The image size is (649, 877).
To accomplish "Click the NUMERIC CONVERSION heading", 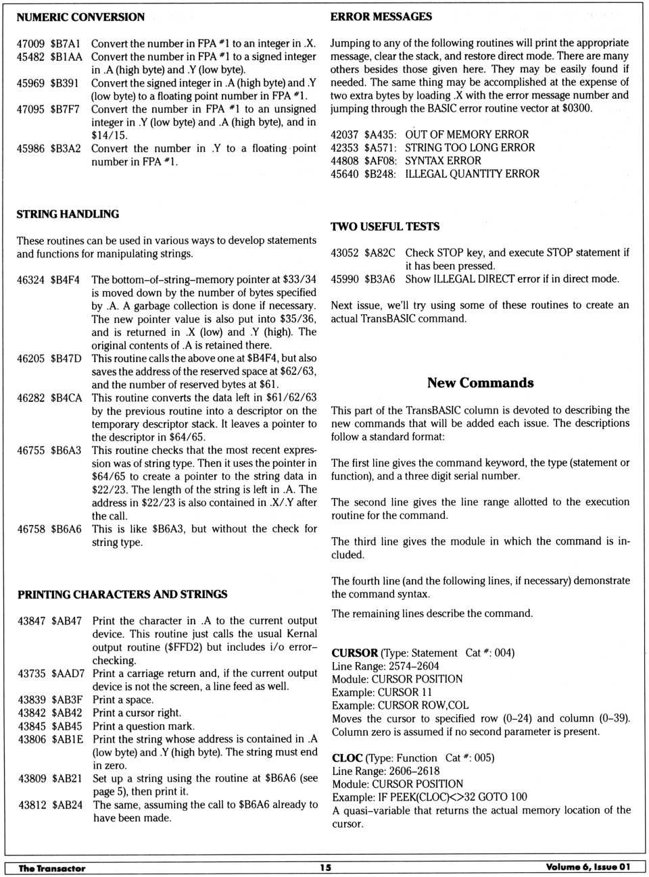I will (x=80, y=17).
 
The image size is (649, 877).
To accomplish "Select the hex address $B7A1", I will (x=65, y=43).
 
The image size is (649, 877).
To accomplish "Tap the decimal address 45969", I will (x=30, y=83).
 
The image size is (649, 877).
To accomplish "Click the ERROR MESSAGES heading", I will (x=381, y=16).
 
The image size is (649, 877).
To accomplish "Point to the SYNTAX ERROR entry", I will (x=443, y=161).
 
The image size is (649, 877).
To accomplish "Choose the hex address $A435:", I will (x=380, y=134).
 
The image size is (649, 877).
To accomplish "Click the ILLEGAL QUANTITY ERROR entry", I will (x=472, y=174).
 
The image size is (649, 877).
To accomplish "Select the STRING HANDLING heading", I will (x=68, y=214).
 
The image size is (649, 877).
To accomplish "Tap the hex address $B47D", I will (x=66, y=358).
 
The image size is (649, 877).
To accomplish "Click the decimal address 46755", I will (x=31, y=450).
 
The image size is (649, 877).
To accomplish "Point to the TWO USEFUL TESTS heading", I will (x=385, y=226).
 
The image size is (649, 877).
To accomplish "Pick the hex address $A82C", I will (x=379, y=253).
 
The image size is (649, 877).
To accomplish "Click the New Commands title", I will (x=480, y=382).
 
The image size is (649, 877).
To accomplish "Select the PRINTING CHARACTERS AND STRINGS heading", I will (x=122, y=595).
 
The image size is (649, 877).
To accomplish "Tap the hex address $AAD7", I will (x=68, y=674).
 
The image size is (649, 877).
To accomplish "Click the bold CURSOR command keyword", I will (x=354, y=653).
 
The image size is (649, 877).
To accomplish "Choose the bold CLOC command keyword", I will (x=347, y=758).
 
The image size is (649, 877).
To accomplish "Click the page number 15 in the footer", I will (x=325, y=868).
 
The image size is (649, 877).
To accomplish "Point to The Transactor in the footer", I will (x=52, y=868).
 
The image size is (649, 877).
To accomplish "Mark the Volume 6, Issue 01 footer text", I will (x=587, y=868).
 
